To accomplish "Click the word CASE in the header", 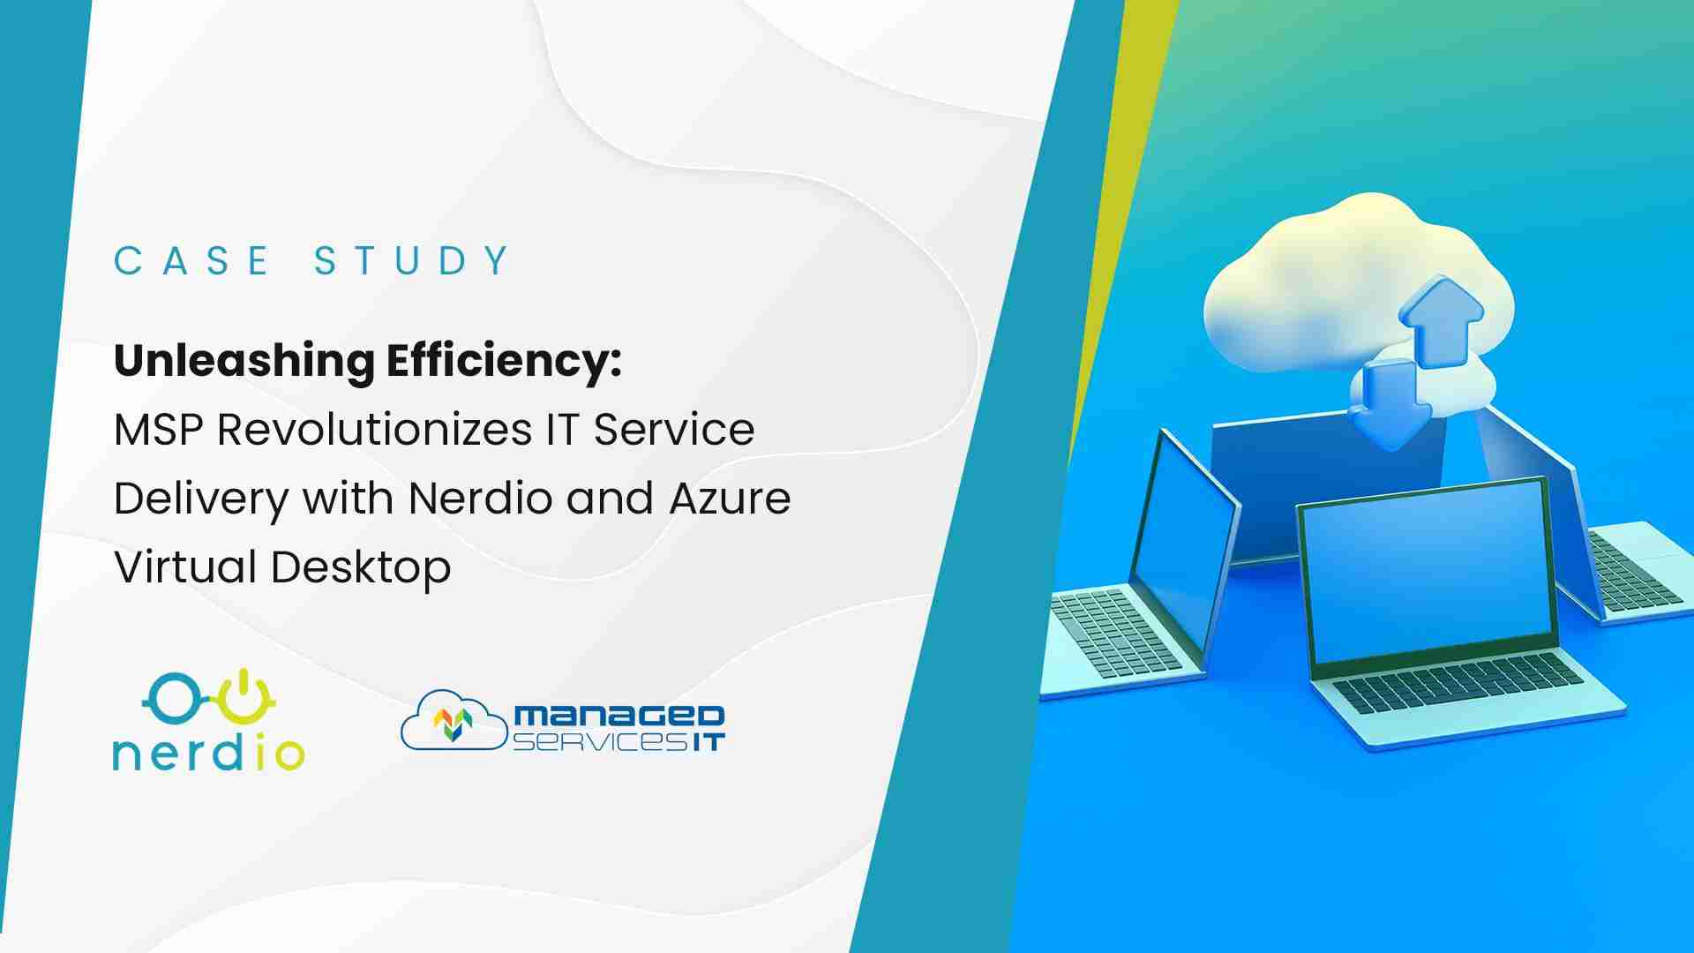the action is click(x=191, y=260).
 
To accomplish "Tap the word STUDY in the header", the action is click(x=412, y=260).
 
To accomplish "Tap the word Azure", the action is click(x=730, y=499).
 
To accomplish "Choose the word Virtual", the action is click(x=186, y=567).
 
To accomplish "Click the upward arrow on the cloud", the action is click(x=1439, y=321).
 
